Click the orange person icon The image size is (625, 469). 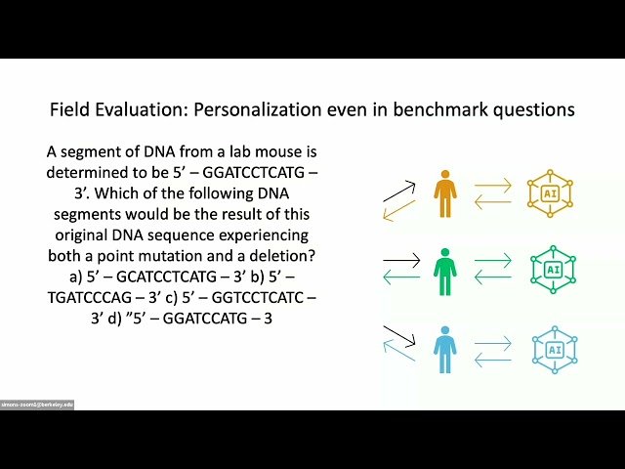point(445,193)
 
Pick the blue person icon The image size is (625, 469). point(445,348)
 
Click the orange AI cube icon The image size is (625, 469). point(548,193)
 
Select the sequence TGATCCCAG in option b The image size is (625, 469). point(96,297)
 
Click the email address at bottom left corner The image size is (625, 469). point(37,404)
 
